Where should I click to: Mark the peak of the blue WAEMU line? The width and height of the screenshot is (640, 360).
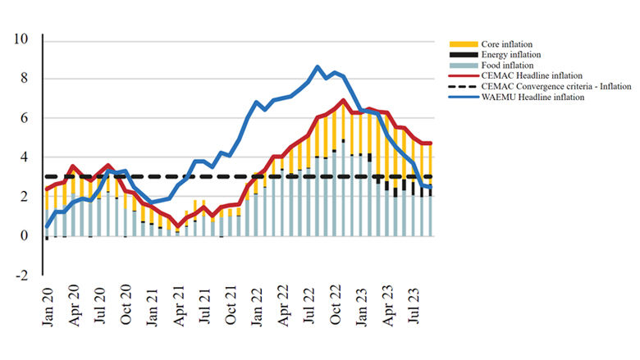point(318,67)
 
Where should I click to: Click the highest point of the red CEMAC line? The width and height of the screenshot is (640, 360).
point(343,101)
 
